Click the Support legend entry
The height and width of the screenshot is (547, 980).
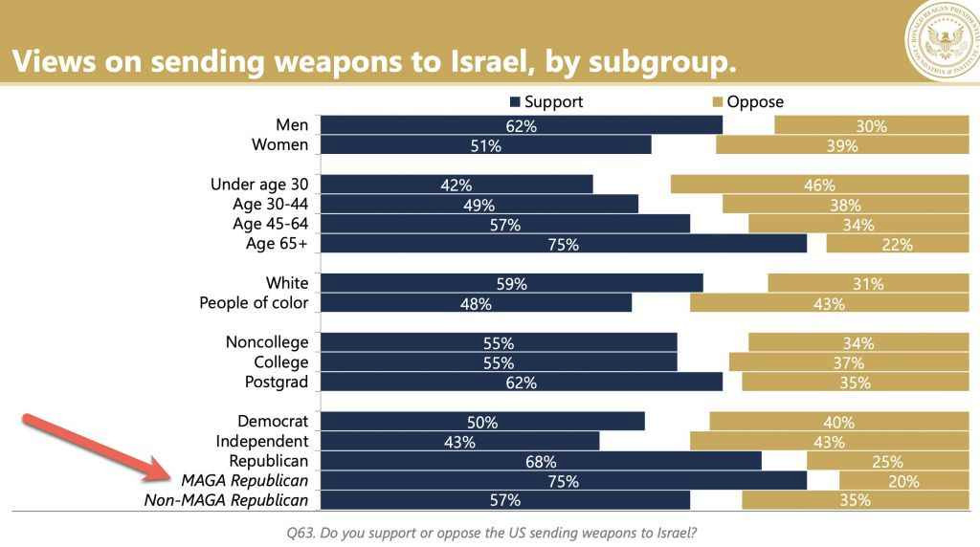pyautogui.click(x=547, y=101)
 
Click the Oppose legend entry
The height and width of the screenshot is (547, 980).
pyautogui.click(x=748, y=101)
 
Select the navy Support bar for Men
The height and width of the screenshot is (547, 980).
pyautogui.click(x=521, y=125)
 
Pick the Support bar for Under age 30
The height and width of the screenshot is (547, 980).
pyautogui.click(x=457, y=185)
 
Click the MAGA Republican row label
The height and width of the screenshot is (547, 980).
pyautogui.click(x=239, y=481)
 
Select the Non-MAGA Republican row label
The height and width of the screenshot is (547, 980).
pyautogui.click(x=226, y=500)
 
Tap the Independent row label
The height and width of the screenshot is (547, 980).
pyautogui.click(x=262, y=442)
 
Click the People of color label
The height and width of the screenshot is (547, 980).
pyautogui.click(x=254, y=303)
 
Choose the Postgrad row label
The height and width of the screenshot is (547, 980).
pyautogui.click(x=278, y=382)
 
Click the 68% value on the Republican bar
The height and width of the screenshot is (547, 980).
pyautogui.click(x=541, y=462)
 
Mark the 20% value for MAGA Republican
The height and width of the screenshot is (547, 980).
pyautogui.click(x=903, y=481)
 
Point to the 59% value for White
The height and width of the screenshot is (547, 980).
pyautogui.click(x=512, y=284)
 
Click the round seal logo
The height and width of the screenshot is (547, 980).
pyautogui.click(x=942, y=43)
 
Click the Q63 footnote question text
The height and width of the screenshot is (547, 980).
pyautogui.click(x=490, y=531)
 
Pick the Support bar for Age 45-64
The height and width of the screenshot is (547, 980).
pyautogui.click(x=504, y=225)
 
